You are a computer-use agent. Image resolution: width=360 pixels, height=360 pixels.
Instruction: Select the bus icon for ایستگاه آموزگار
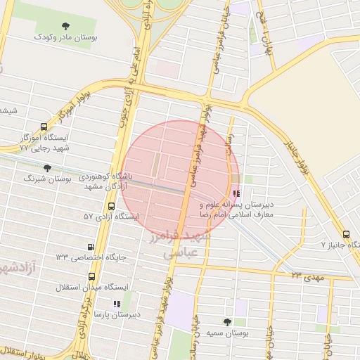tap(44, 127)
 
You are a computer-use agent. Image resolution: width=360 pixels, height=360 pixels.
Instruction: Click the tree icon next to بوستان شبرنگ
tap(47, 168)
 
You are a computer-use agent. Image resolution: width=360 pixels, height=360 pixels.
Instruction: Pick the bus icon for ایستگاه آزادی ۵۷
tap(111, 206)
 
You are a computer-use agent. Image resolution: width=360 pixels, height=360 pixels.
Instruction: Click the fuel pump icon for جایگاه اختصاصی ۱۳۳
tap(90, 247)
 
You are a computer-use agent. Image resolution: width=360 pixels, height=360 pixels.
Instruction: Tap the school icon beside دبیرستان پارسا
tap(117, 304)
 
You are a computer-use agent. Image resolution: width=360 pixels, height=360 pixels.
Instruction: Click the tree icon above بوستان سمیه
tap(226, 321)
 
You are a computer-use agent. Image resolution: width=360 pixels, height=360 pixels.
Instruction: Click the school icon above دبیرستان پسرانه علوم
tap(236, 193)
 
